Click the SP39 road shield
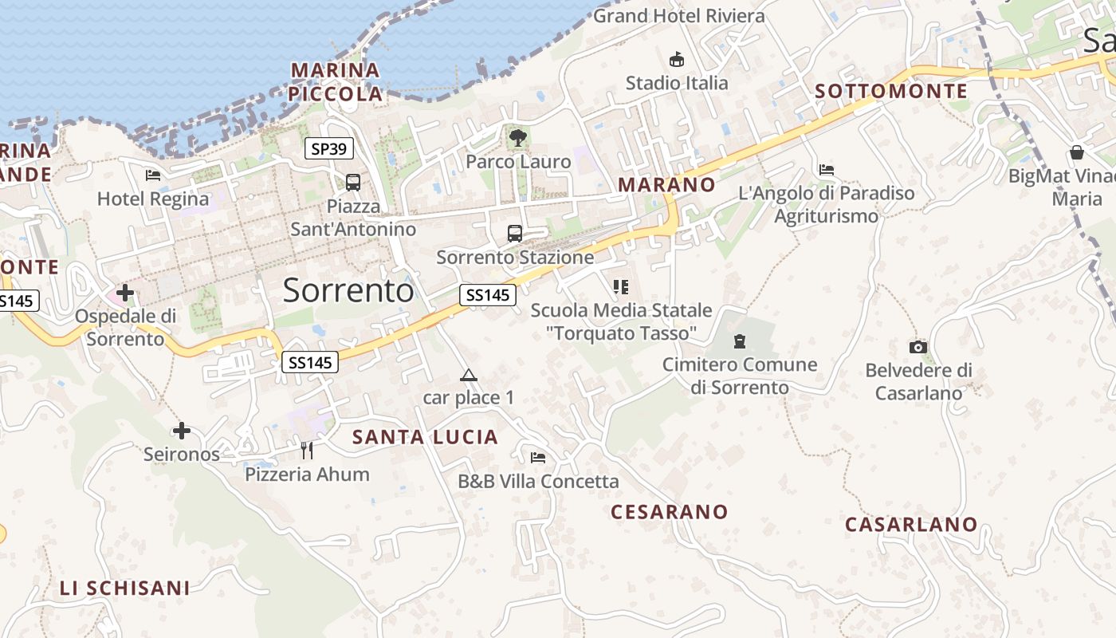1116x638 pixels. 329,148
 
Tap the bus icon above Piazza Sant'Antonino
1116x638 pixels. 353,183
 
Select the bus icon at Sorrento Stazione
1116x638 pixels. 515,234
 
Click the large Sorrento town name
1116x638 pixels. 348,290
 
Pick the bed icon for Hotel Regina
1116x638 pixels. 153,175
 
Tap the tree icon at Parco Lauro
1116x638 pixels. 518,138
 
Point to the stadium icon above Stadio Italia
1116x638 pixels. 677,59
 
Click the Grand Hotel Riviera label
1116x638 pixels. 678,15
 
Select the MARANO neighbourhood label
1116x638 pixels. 666,185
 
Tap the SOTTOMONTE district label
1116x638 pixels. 891,91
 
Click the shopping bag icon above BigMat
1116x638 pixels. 1077,152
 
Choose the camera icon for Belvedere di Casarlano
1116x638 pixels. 918,347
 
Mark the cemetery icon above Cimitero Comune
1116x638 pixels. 740,342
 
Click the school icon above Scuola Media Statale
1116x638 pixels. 621,286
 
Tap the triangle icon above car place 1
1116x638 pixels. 469,375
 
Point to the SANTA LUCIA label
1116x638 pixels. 425,437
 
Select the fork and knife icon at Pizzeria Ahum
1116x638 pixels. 307,451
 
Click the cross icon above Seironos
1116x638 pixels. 182,431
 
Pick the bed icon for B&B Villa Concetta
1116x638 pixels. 538,458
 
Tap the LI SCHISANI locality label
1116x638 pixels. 125,589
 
